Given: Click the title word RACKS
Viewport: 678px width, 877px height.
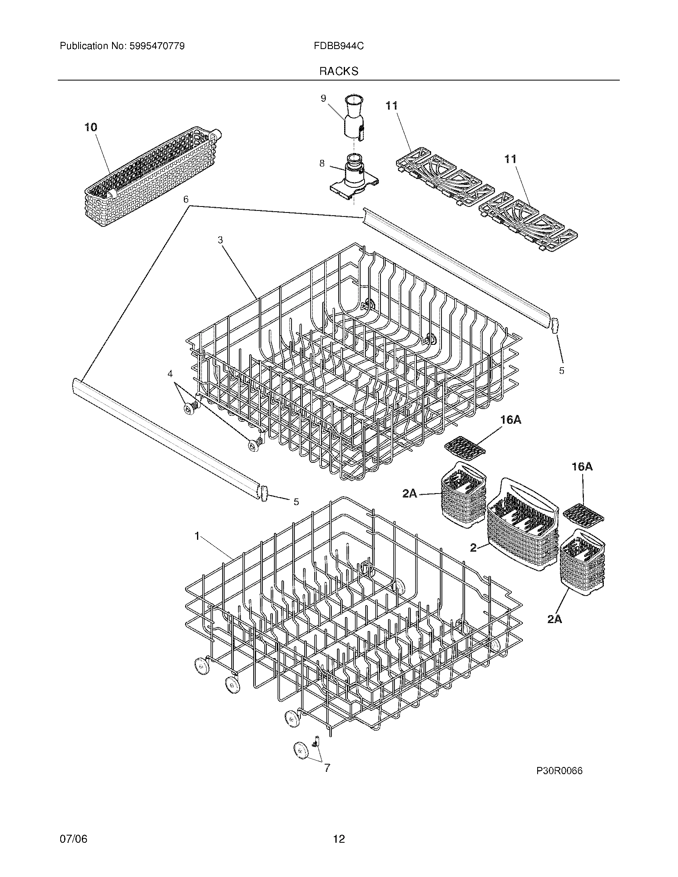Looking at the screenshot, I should point(339,71).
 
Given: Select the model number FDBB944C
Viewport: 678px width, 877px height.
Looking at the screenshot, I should point(339,46).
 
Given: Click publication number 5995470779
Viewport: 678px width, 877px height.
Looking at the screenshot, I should point(157,46).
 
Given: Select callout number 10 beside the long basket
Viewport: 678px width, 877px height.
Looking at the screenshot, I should point(91,127).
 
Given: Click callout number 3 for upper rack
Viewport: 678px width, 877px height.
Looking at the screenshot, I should point(220,240).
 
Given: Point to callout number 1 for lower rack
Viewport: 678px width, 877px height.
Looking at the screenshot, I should point(197,536).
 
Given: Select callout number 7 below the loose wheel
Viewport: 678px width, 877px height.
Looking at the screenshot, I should point(327,768).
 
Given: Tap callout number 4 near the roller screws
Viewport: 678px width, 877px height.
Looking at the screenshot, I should point(170,374).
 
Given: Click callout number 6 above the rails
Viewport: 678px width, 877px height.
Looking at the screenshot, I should point(185,200).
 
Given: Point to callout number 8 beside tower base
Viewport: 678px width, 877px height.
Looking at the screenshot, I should point(322,163).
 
